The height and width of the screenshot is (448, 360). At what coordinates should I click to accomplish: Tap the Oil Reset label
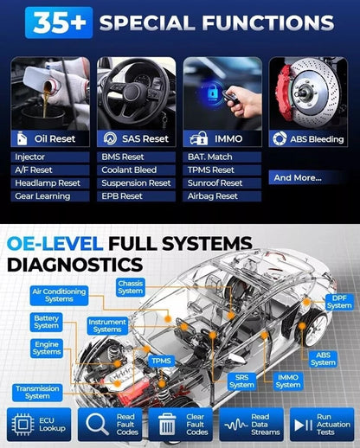tap(49, 138)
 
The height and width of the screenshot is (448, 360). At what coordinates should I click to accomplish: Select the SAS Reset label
tap(135, 138)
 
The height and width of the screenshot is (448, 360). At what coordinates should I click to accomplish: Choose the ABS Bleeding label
tap(309, 138)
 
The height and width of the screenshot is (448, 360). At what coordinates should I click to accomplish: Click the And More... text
tap(299, 177)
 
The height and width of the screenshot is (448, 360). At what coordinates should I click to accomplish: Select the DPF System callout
tap(338, 302)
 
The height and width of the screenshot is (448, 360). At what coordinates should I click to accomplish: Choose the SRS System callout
tap(242, 381)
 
